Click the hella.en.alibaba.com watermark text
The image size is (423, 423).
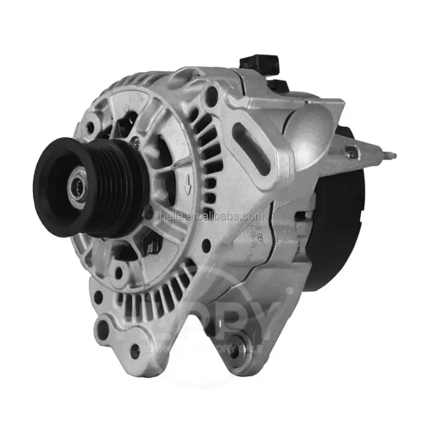(211, 216)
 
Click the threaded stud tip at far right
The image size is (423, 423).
(392, 155)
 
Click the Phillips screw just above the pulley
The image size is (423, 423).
(136, 141)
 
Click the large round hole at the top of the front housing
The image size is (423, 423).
(211, 96)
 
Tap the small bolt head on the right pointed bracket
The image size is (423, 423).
(350, 153)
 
